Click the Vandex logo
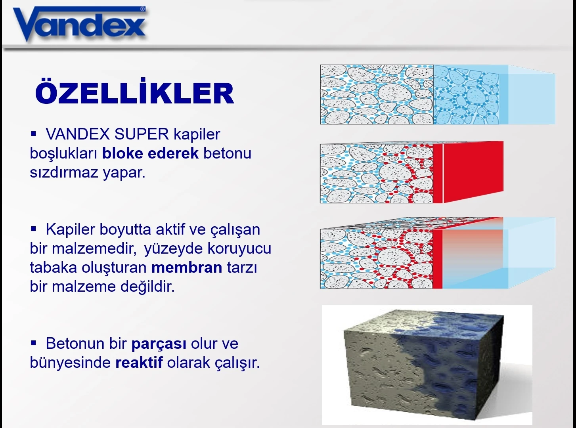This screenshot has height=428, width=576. click(x=79, y=24)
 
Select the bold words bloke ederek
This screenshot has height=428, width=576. click(x=150, y=153)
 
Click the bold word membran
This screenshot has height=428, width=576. click(x=186, y=267)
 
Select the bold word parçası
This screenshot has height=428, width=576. click(x=159, y=344)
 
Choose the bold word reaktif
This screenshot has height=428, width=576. click(x=139, y=363)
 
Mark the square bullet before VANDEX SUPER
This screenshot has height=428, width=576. click(x=33, y=133)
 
